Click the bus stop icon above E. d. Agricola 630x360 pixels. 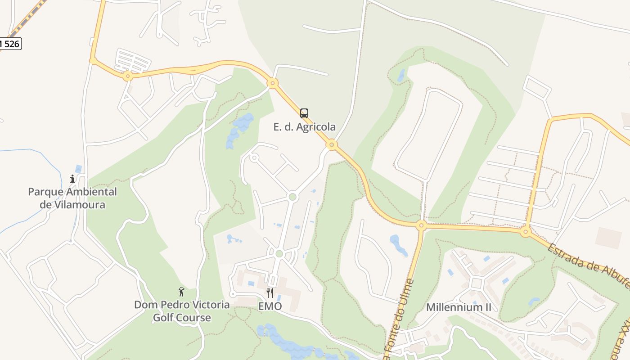304,113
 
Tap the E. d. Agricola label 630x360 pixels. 305,127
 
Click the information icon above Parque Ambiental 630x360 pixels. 72,179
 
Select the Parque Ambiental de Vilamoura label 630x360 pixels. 72,198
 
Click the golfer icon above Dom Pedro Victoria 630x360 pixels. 181,292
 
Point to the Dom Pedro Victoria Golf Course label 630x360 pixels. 182,311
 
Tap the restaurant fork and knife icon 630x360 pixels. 270,293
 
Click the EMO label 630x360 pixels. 270,306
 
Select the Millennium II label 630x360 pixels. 459,307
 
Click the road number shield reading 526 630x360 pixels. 10,44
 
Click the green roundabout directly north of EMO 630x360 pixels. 279,254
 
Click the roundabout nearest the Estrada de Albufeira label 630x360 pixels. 526,232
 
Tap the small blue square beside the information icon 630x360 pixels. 79,169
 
